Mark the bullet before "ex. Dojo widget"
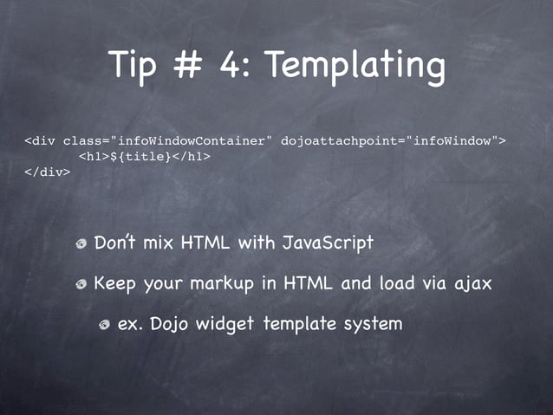pos(104,325)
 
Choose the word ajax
pos(472,283)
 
